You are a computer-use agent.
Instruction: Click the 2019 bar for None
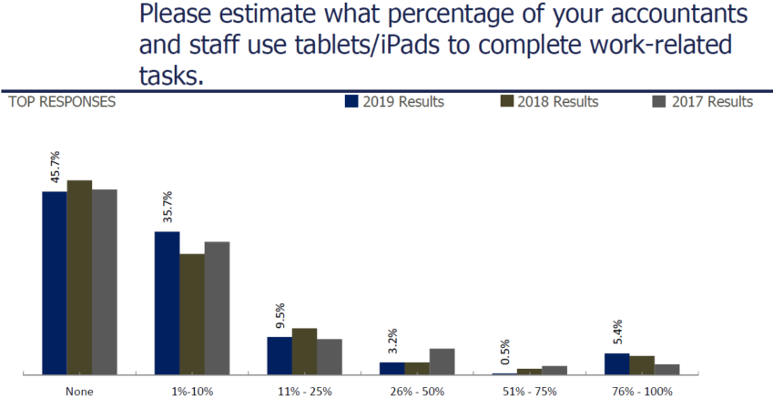pyautogui.click(x=54, y=282)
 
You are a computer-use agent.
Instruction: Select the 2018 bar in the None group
pyautogui.click(x=79, y=277)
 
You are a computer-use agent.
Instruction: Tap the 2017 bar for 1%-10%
pyautogui.click(x=217, y=308)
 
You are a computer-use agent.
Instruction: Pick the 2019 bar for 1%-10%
pyautogui.click(x=167, y=302)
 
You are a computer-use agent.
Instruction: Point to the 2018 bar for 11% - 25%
pyautogui.click(x=304, y=351)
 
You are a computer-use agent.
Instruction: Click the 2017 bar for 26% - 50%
pyautogui.click(x=442, y=361)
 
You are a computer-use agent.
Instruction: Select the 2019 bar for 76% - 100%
pyautogui.click(x=616, y=363)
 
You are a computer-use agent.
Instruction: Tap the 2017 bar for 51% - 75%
pyautogui.click(x=554, y=370)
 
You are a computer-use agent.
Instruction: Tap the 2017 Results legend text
pyautogui.click(x=712, y=102)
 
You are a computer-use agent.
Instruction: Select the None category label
pyautogui.click(x=79, y=391)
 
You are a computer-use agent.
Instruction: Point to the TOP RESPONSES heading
pyautogui.click(x=61, y=102)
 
